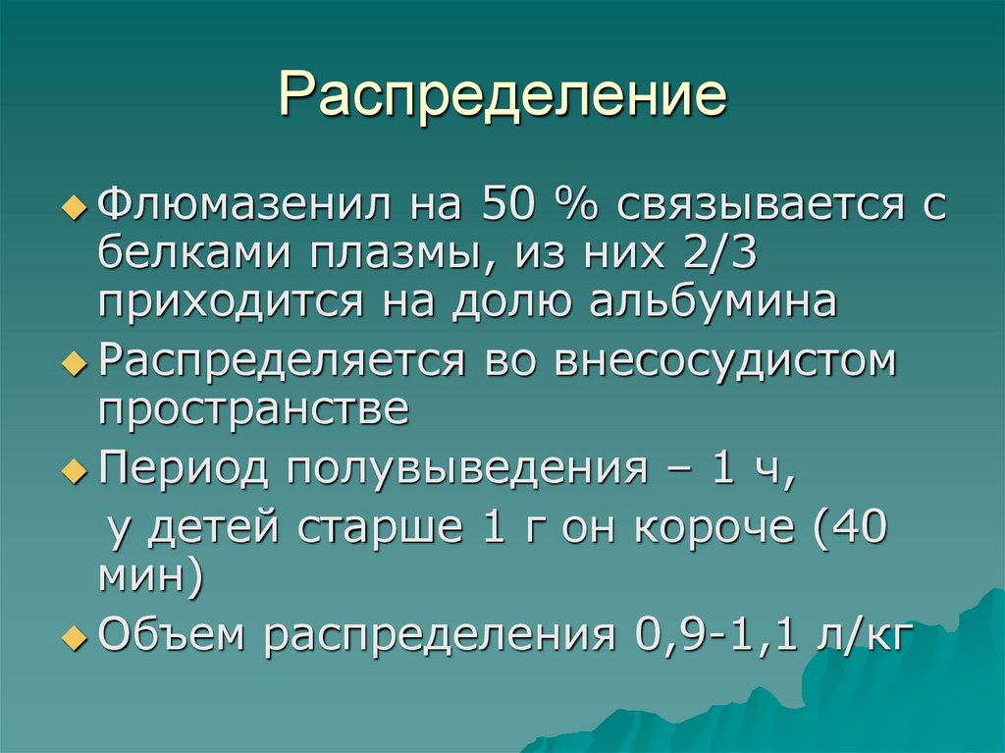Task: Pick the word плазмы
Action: coord(396,254)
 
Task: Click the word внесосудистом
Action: coord(726,360)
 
